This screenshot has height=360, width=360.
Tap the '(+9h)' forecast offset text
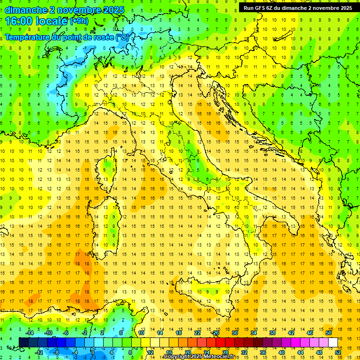79,21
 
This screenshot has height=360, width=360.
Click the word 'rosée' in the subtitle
98,37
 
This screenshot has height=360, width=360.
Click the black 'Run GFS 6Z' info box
298,7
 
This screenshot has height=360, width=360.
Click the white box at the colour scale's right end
333,342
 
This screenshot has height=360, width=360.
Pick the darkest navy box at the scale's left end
23,342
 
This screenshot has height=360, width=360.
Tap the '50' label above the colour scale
329,333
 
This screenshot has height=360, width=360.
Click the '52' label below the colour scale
338,352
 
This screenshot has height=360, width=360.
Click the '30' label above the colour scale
234,333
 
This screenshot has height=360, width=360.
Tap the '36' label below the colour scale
262,352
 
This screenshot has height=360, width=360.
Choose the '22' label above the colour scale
197,333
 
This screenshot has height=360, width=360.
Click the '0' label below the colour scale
93,352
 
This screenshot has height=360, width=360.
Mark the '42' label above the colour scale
291,333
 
